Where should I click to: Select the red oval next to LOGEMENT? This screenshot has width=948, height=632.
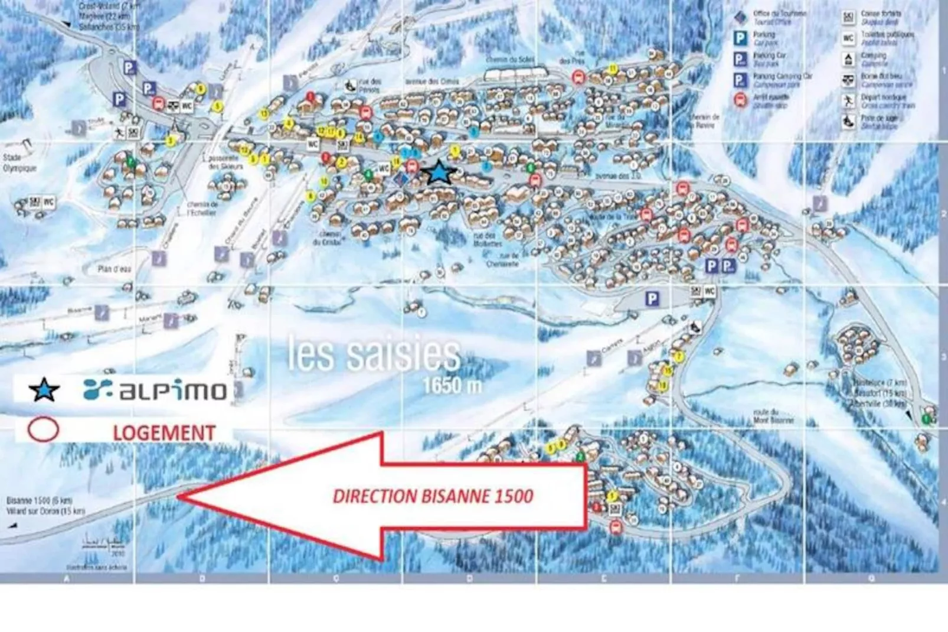tap(44, 430)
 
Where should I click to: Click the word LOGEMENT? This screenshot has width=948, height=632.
tap(164, 432)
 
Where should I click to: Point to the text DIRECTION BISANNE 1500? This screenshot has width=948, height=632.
tap(433, 496)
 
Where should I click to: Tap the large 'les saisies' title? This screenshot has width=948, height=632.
tap(374, 354)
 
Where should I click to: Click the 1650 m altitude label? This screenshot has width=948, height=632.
tap(452, 386)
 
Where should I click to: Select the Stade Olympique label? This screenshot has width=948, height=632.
tap(19, 163)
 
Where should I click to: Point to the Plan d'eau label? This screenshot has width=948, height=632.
tap(115, 269)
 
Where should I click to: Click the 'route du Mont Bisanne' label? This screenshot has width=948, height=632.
tap(774, 416)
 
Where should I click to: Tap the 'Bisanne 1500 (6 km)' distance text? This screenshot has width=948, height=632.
tap(39, 501)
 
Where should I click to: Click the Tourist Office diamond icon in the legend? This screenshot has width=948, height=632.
tap(740, 18)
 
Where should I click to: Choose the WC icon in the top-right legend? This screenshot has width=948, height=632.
tap(848, 39)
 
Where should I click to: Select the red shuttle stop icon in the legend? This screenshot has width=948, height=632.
tap(740, 100)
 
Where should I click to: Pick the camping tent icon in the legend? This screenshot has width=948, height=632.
tap(848, 60)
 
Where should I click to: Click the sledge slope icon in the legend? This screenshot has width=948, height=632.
tap(848, 122)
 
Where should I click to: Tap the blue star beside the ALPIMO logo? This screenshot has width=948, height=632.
tap(44, 390)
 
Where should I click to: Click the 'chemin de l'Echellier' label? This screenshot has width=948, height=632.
tap(202, 209)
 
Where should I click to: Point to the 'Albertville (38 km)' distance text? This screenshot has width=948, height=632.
tap(880, 403)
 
